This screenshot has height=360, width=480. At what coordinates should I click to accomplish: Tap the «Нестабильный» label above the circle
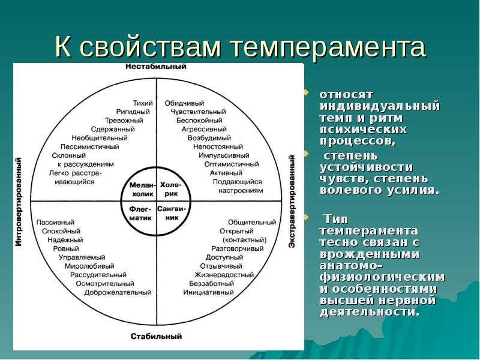tap(156, 67)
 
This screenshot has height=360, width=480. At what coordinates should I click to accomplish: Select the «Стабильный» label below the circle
tap(156, 337)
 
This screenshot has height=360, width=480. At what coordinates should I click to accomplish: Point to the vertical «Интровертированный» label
tap(19, 202)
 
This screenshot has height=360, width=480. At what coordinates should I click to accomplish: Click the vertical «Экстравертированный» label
tap(292, 202)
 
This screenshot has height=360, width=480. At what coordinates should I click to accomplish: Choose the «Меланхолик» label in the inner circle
tap(143, 190)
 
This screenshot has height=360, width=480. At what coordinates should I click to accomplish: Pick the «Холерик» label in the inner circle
tap(171, 189)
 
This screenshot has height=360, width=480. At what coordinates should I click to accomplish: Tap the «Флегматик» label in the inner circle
tap(140, 214)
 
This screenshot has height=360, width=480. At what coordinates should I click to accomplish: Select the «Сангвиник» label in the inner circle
tap(172, 214)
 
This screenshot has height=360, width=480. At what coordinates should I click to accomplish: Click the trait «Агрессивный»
tap(204, 129)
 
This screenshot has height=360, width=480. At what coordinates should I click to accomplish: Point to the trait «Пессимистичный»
tap(89, 146)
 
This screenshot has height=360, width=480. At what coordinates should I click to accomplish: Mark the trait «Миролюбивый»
tap(89, 266)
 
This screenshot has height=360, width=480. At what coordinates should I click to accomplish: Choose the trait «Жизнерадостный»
tap(224, 275)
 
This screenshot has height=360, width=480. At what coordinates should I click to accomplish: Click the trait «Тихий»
tap(143, 103)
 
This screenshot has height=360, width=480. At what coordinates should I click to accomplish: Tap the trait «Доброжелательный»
tap(118, 292)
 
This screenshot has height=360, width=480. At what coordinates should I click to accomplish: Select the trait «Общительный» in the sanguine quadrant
tap(252, 222)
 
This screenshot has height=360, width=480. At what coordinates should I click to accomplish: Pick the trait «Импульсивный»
tap(224, 155)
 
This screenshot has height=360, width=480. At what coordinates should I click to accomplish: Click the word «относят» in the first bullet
tap(346, 95)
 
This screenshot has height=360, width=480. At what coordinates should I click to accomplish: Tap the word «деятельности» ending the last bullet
tap(370, 312)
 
